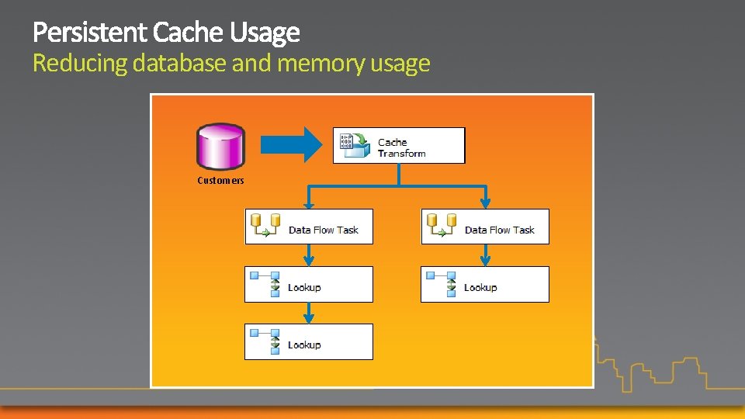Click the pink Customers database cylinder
pyautogui.click(x=220, y=146)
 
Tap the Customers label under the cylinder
pyautogui.click(x=220, y=181)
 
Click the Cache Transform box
pyautogui.click(x=399, y=146)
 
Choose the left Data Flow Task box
pyautogui.click(x=309, y=227)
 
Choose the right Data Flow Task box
pyautogui.click(x=485, y=227)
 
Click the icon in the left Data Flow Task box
pyautogui.click(x=265, y=226)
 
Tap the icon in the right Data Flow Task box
pyautogui.click(x=441, y=226)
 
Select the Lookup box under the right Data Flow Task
pyautogui.click(x=485, y=284)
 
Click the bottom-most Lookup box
pyautogui.click(x=309, y=341)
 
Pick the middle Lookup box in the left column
pyautogui.click(x=309, y=284)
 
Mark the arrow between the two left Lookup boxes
pyautogui.click(x=309, y=313)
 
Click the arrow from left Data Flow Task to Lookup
pyautogui.click(x=309, y=255)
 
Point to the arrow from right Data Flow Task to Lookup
pyautogui.click(x=485, y=255)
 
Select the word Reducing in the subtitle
pyautogui.click(x=79, y=63)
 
